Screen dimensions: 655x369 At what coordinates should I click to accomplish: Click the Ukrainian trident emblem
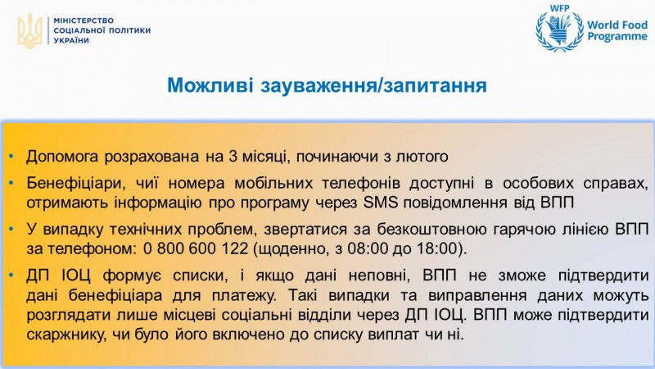29,30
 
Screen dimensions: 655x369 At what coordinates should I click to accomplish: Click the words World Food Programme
617,30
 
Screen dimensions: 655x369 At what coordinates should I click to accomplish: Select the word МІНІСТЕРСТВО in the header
84,20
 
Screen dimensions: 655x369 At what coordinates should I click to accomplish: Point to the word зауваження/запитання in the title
374,86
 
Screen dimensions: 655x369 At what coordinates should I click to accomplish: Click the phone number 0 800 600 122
196,248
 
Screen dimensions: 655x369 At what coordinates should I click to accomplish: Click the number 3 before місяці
233,157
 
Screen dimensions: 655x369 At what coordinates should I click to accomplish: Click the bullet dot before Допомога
11,157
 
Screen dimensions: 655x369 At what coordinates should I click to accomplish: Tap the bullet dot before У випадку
11,230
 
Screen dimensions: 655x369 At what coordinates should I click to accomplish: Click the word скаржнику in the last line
66,335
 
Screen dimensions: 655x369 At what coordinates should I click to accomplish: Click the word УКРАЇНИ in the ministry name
71,40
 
